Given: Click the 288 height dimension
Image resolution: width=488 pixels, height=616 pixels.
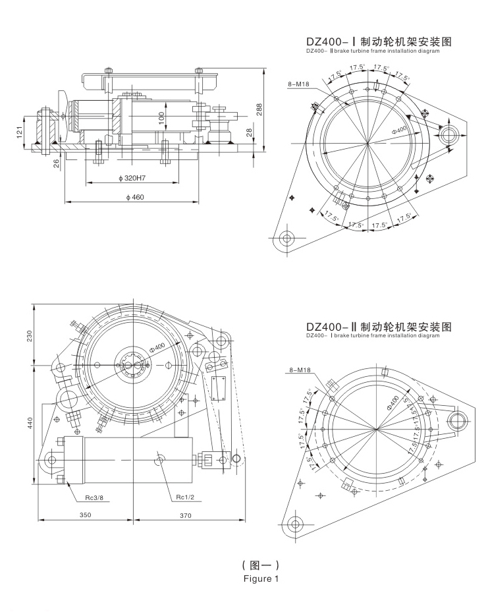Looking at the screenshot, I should click(x=259, y=110).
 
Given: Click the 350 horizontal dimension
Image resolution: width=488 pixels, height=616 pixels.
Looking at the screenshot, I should click(x=84, y=515).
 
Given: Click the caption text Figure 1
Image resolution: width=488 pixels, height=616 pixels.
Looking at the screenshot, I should click(x=261, y=580).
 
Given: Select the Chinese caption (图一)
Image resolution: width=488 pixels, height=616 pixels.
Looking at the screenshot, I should click(x=261, y=565).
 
